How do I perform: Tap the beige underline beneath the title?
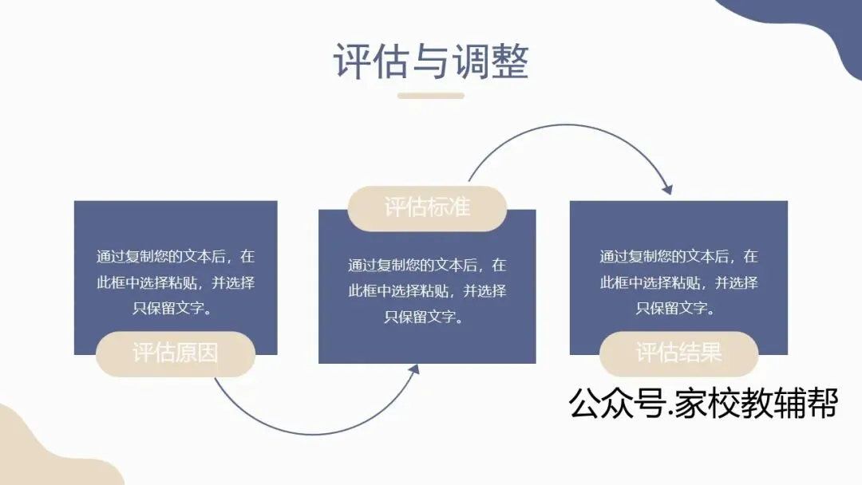pyautogui.click(x=431, y=96)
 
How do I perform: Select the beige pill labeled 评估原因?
pyautogui.click(x=175, y=353)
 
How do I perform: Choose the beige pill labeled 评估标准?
pyautogui.click(x=427, y=208)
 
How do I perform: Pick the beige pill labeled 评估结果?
pyautogui.click(x=678, y=353)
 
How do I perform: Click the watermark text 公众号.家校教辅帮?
pyautogui.click(x=702, y=404)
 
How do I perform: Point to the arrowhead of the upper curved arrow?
pyautogui.click(x=667, y=190)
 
